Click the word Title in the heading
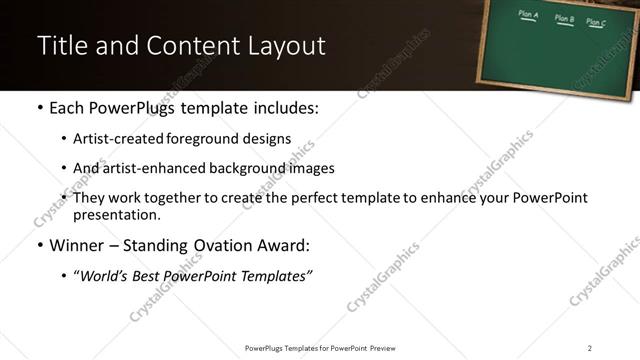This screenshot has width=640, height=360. (59, 46)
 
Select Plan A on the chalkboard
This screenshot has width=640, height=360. (529, 15)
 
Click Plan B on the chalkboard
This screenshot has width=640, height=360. (565, 18)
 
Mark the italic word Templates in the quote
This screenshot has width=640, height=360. (276, 276)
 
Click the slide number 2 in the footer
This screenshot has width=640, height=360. (590, 348)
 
